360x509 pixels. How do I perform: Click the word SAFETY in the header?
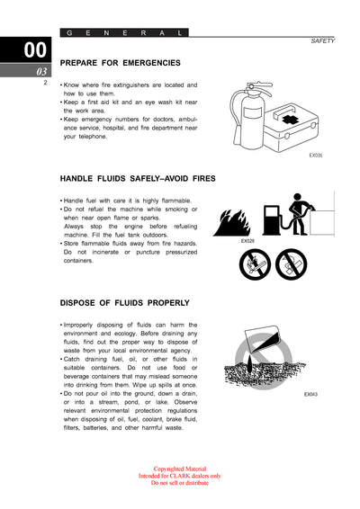click(322, 41)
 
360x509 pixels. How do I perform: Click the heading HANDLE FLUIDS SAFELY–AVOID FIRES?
click(138, 178)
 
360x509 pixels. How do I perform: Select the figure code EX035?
click(315, 156)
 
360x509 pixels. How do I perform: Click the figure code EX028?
click(247, 241)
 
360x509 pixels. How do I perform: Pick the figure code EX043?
click(310, 394)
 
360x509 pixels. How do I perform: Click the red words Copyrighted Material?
click(179, 469)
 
